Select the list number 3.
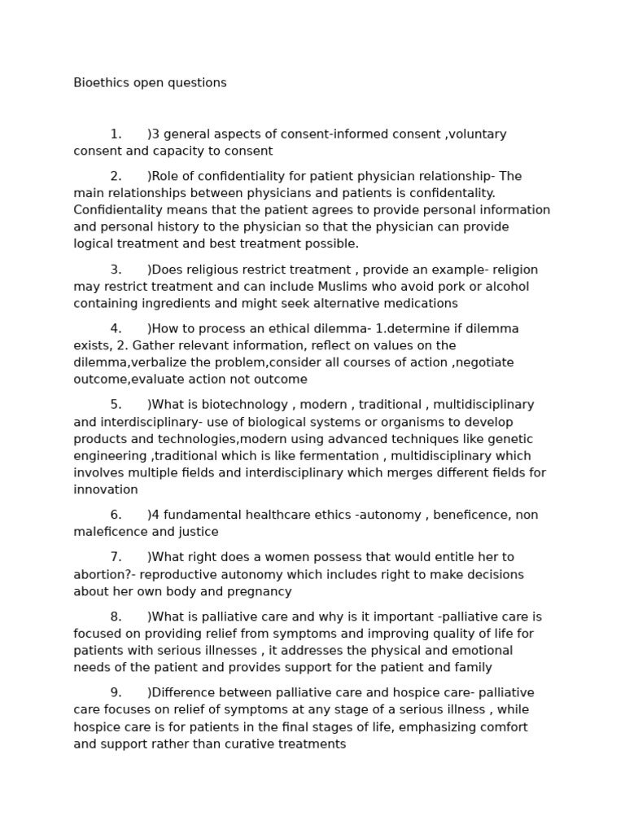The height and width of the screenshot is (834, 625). [116, 270]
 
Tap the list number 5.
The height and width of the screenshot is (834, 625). [116, 405]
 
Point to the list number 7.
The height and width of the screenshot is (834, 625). [116, 557]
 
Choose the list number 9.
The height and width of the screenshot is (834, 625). [116, 693]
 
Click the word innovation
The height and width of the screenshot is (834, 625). [106, 489]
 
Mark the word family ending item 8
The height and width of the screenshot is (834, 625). [472, 668]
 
